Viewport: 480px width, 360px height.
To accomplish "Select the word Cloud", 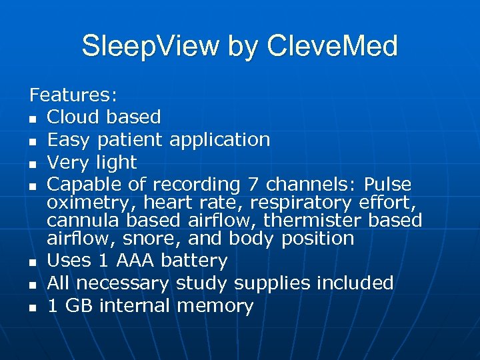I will coord(75,117).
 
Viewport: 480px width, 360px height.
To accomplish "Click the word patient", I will coord(131,140).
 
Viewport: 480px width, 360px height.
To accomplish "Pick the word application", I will coord(220,140).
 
